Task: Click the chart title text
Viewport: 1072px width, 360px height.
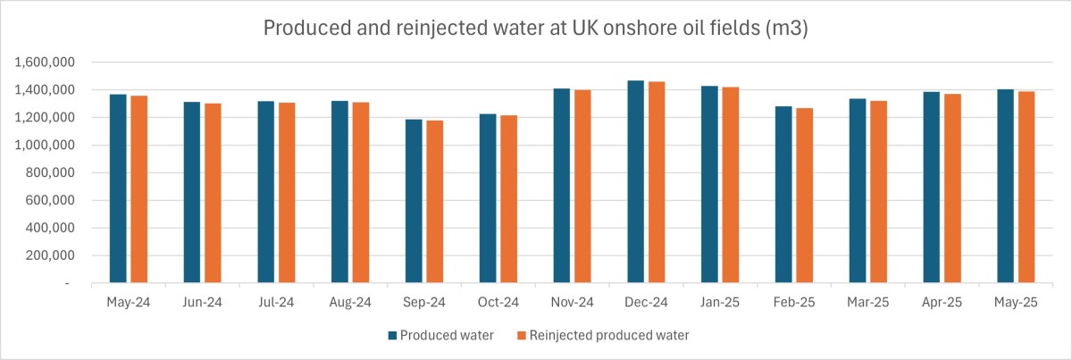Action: tap(535, 28)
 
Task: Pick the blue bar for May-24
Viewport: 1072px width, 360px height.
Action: tap(118, 188)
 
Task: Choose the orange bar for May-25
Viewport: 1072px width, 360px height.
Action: tap(1026, 188)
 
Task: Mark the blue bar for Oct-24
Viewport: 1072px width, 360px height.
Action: tap(488, 198)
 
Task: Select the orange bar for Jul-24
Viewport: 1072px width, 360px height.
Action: tap(287, 193)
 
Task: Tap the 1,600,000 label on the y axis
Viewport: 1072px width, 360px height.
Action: tap(45, 63)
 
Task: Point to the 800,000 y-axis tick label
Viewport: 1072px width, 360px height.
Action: tap(50, 173)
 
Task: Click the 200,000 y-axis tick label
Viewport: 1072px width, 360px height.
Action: tap(50, 255)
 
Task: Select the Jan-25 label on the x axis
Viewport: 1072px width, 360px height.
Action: tap(720, 303)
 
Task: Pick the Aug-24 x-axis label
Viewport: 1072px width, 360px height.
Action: tap(350, 303)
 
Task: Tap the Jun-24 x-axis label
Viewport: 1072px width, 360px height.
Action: tap(203, 303)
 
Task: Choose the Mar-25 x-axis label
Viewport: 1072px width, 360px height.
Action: tap(867, 303)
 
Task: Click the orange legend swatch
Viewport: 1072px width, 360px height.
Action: tap(522, 336)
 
